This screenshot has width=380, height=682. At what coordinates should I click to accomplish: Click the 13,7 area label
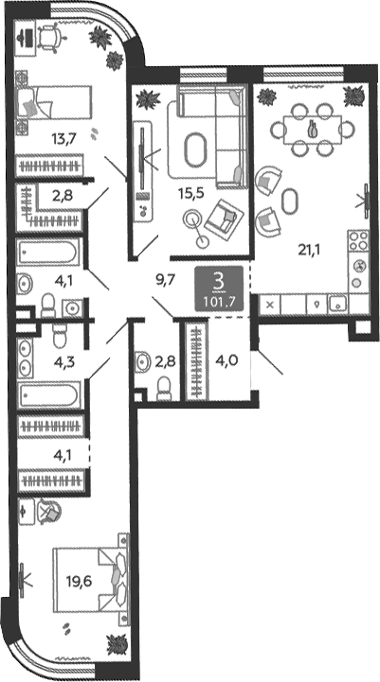[64, 140]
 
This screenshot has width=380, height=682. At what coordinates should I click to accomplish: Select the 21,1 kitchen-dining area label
[310, 250]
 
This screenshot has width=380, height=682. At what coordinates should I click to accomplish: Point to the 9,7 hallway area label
[165, 279]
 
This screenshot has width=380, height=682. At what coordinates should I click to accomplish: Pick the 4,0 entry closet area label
[226, 361]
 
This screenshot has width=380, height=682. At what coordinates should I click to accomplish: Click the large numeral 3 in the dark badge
[219, 283]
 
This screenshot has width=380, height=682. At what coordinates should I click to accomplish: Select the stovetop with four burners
[358, 240]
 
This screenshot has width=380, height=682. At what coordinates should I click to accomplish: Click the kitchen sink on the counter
[337, 304]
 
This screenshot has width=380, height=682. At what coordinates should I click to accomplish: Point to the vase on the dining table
[312, 130]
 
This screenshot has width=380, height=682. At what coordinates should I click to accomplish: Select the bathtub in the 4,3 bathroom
[49, 395]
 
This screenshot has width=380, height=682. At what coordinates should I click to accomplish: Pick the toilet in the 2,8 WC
[164, 387]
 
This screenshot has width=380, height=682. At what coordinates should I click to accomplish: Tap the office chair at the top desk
[51, 38]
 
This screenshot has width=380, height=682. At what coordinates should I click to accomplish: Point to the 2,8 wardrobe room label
[62, 195]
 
